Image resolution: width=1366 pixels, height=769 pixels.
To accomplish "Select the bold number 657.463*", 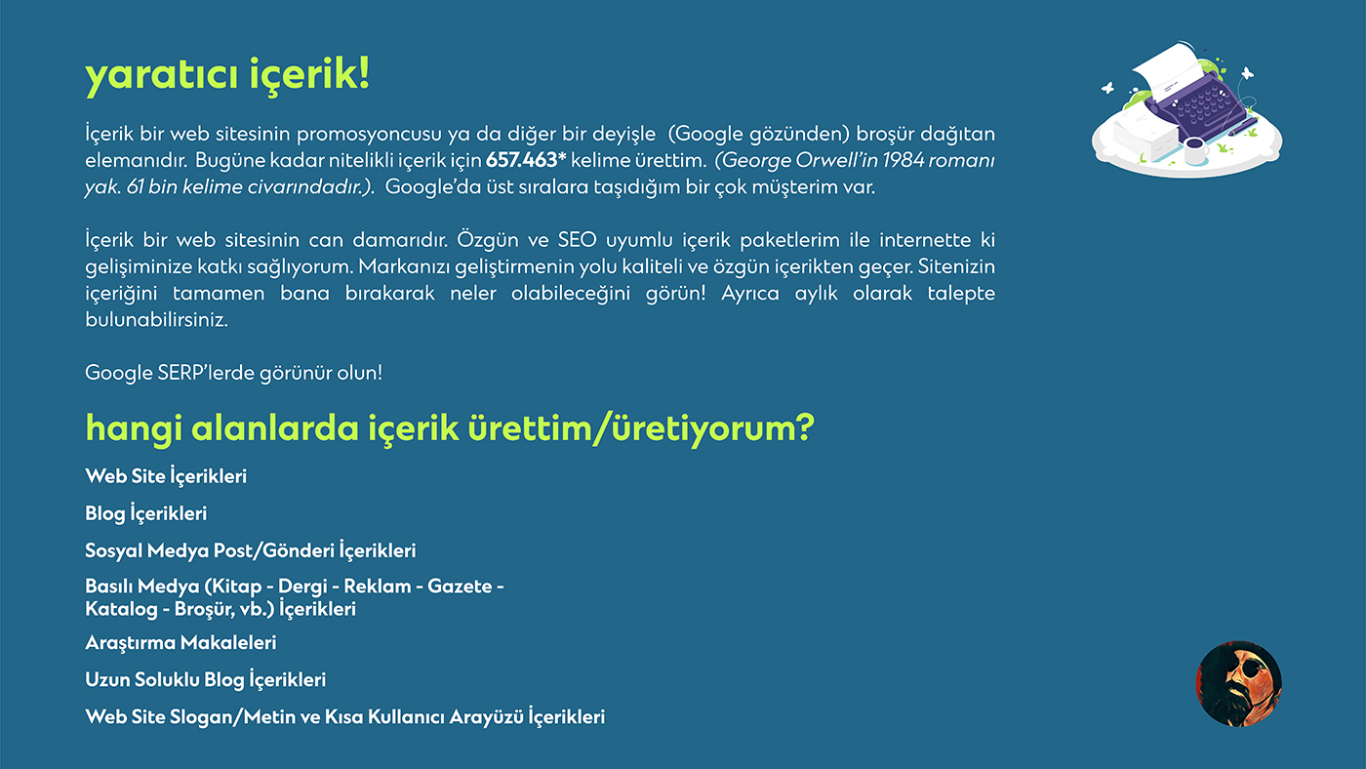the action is click(526, 160).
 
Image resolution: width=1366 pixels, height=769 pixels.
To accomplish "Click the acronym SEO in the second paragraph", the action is click(577, 240).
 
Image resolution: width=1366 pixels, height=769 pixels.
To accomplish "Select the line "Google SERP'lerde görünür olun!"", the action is click(233, 373).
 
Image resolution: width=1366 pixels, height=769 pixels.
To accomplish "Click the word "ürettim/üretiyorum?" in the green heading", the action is click(641, 428).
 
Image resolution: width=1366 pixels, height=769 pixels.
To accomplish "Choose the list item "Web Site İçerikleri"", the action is click(166, 475).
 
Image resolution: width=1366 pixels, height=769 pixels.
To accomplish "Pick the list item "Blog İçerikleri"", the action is click(145, 513).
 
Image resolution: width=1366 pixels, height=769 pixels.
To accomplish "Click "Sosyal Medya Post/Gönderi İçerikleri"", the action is click(251, 550).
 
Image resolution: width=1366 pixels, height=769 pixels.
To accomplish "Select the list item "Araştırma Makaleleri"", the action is click(181, 643).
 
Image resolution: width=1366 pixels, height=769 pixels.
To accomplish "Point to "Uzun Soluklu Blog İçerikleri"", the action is click(206, 679).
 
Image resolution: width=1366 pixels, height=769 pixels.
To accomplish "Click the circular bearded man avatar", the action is click(1238, 683).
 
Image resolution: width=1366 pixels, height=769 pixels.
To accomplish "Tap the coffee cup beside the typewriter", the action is click(1195, 150).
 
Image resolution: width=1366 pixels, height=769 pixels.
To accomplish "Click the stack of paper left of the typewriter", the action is click(1144, 134).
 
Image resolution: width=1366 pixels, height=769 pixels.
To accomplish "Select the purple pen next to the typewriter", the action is click(1242, 128).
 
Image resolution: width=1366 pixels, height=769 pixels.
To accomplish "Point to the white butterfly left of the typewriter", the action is click(1107, 89).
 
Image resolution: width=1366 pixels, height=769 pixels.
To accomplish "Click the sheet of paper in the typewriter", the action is click(1168, 70).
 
